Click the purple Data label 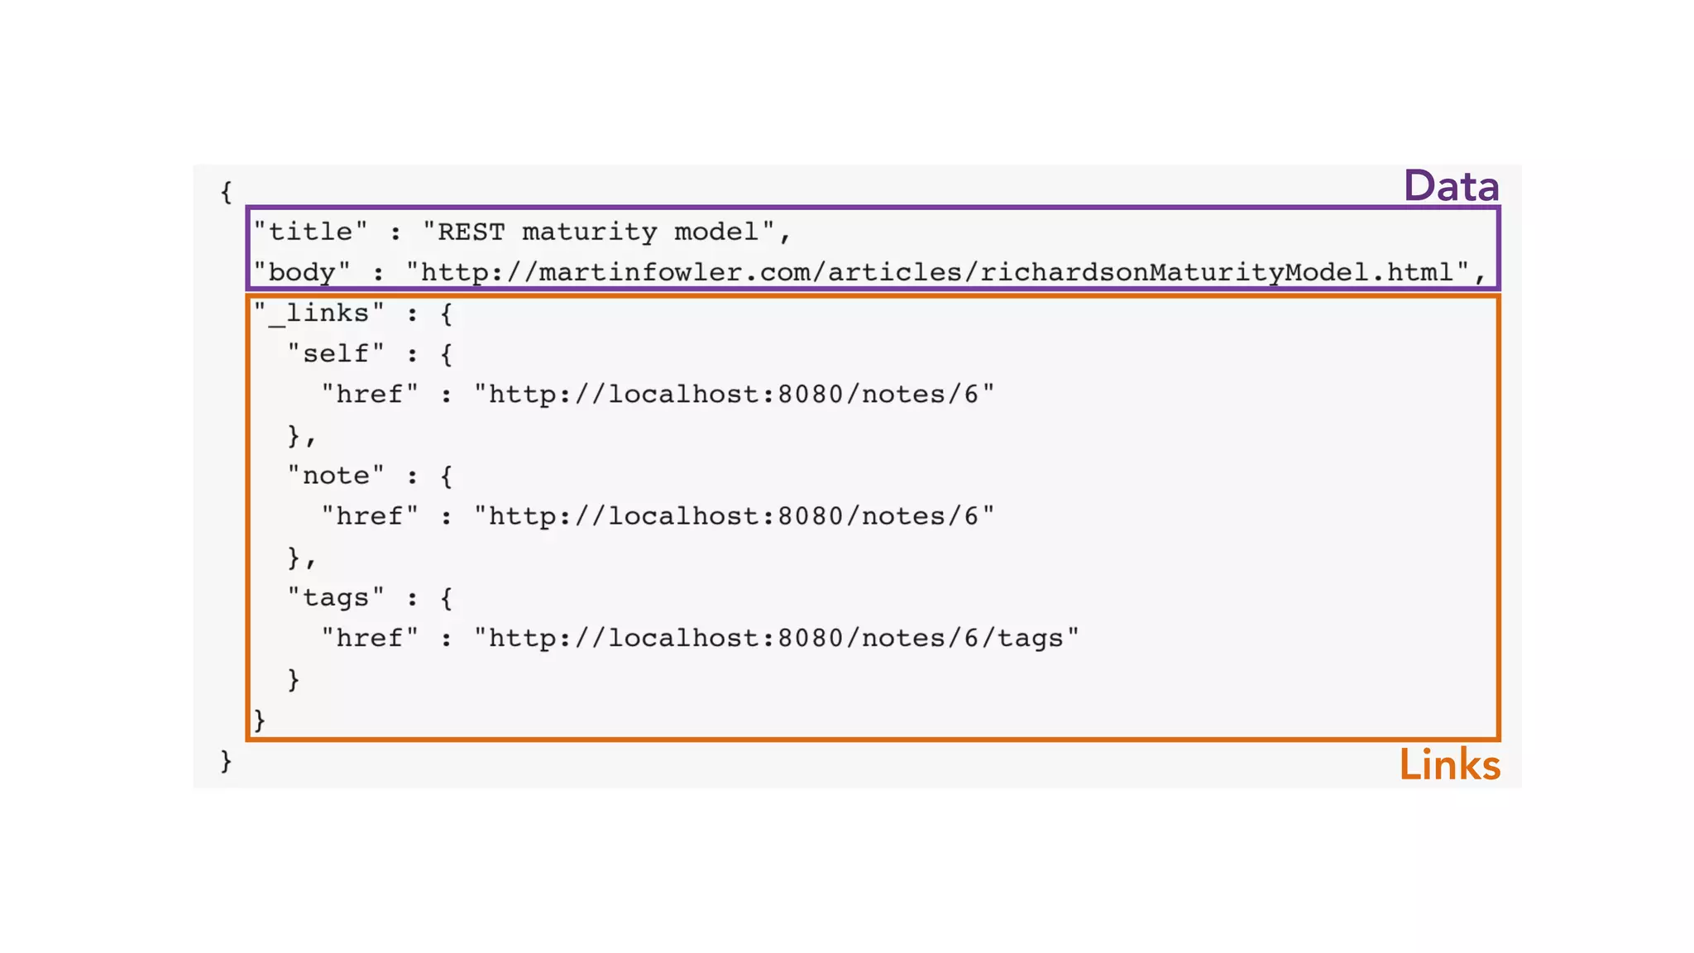click(x=1451, y=185)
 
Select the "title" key click(x=310, y=232)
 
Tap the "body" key click(x=301, y=272)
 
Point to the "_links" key click(x=318, y=313)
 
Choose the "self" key click(x=335, y=353)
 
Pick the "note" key click(x=335, y=476)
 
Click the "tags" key click(x=335, y=597)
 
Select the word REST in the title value click(x=471, y=232)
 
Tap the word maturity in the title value click(x=589, y=232)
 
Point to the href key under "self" click(x=369, y=394)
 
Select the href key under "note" click(x=369, y=516)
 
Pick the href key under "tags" click(x=369, y=638)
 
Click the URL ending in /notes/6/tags click(x=776, y=638)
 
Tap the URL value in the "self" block click(x=734, y=394)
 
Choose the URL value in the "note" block click(x=734, y=516)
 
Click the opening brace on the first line click(x=226, y=192)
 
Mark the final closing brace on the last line click(x=226, y=760)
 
